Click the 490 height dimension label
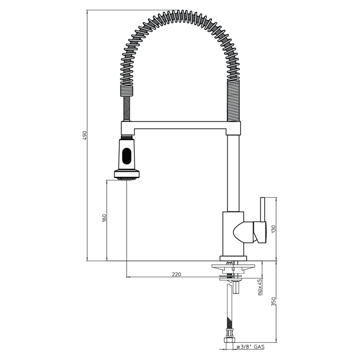coord(85,135)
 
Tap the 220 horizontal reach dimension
coord(176,274)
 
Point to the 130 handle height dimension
coord(273,229)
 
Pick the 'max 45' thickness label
coord(259,287)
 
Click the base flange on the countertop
coord(233,258)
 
